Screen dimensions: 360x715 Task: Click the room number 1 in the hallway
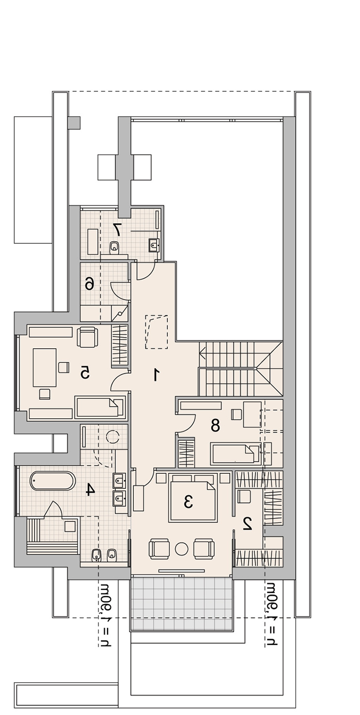(155, 375)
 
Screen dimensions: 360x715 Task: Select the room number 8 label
(215, 425)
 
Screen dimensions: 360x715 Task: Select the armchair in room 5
(88, 338)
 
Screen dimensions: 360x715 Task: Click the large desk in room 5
(44, 367)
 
